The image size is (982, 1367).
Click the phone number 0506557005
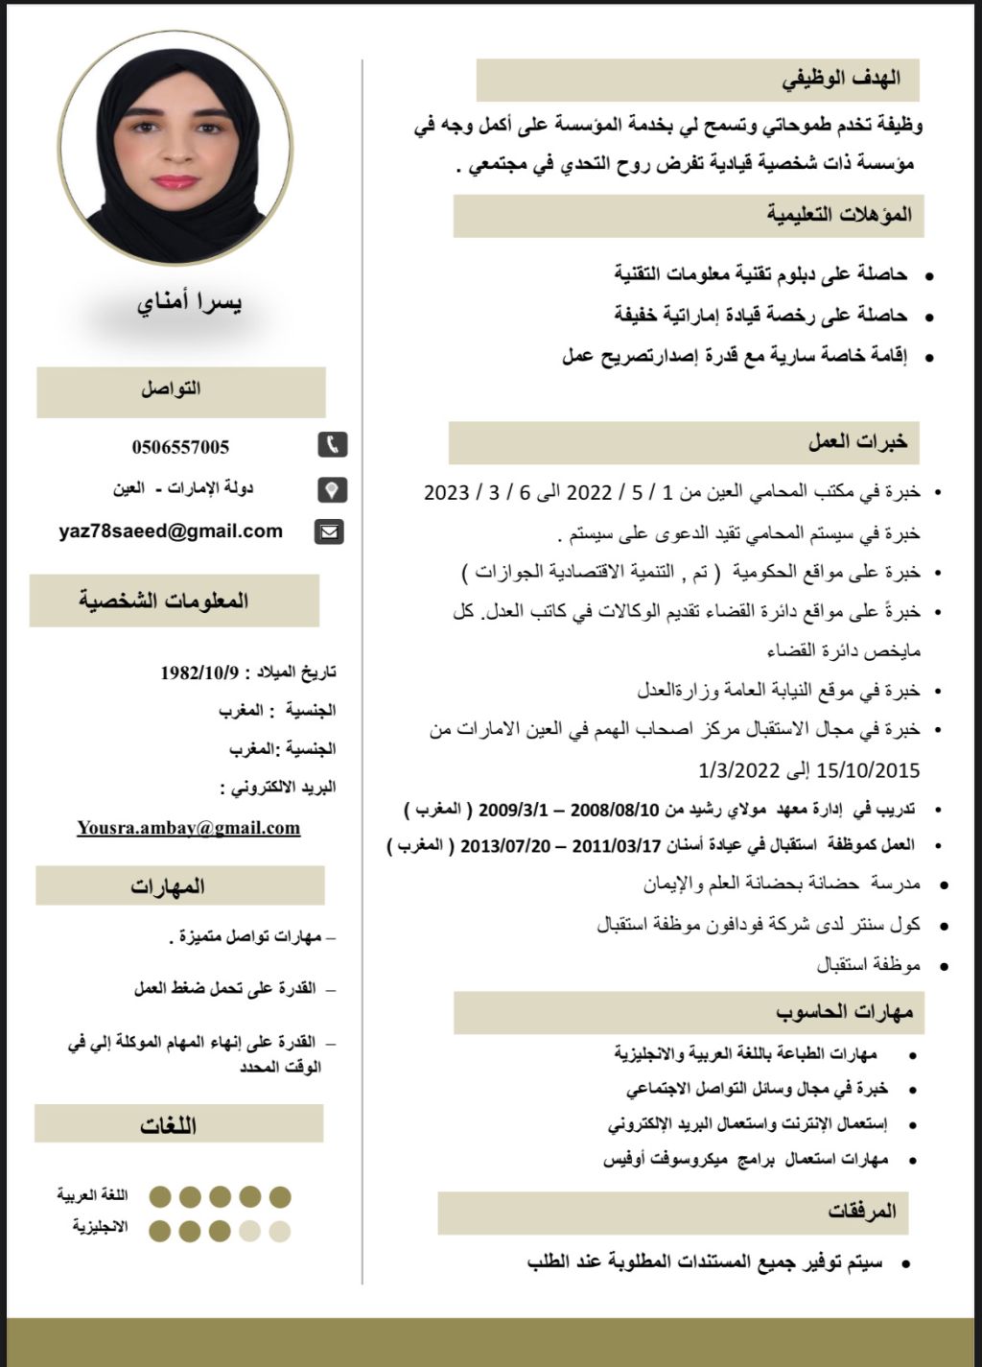[180, 447]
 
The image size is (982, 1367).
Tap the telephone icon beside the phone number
[332, 445]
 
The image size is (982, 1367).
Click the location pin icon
[332, 490]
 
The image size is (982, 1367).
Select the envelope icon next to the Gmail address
[330, 531]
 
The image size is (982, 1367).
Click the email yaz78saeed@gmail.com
[171, 531]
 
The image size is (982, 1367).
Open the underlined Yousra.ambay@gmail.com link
[189, 828]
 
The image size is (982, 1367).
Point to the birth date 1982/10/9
[199, 672]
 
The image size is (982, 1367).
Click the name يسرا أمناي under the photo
[189, 304]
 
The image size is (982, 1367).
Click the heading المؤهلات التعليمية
[839, 215]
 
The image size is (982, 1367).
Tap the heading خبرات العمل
[857, 442]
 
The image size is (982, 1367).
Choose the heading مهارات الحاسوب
[845, 1012]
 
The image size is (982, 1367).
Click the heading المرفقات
[863, 1213]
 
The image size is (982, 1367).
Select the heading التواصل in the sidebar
[171, 390]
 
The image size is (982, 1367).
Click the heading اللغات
[168, 1124]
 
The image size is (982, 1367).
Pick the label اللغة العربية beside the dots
[92, 1196]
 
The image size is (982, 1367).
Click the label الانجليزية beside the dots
[100, 1228]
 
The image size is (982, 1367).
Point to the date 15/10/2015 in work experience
[869, 769]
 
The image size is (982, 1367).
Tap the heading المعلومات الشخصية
[164, 601]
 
